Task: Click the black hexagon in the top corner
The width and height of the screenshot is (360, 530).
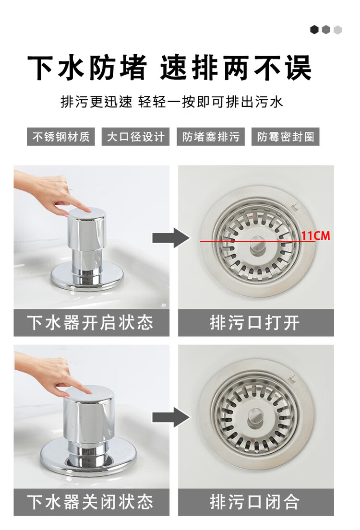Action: click(x=314, y=30)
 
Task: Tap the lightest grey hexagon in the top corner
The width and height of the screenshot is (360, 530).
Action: click(x=337, y=30)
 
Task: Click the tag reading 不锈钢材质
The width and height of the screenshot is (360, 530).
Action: click(x=61, y=137)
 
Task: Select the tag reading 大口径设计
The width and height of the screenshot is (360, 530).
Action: click(x=136, y=137)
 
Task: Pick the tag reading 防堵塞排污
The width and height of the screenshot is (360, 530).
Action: click(x=211, y=137)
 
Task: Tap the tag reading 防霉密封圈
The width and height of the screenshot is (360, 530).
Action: click(x=286, y=137)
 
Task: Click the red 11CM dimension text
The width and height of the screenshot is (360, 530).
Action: click(x=316, y=236)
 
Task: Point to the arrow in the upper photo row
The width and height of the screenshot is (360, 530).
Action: click(x=171, y=238)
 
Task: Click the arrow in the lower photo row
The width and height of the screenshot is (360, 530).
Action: click(x=171, y=417)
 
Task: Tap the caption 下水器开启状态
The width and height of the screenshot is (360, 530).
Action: click(x=91, y=323)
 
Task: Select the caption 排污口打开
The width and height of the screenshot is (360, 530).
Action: click(x=255, y=323)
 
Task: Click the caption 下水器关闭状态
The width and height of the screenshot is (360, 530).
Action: click(x=91, y=502)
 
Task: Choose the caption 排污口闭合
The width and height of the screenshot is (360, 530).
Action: click(x=255, y=502)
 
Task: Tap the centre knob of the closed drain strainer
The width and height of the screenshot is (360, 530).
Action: click(x=254, y=417)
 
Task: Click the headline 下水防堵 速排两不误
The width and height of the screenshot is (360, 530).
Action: click(x=169, y=68)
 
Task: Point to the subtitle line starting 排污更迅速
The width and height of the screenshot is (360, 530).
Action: click(x=172, y=102)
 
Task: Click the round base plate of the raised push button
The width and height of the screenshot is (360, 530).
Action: click(x=86, y=276)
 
